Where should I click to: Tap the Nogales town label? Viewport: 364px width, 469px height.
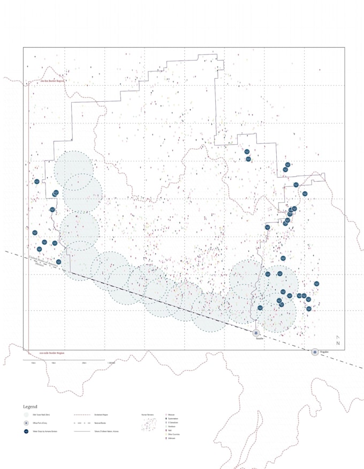pos(324,352)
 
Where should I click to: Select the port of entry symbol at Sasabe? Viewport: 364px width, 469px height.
pos(256,333)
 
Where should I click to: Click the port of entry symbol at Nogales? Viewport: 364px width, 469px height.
pos(315,352)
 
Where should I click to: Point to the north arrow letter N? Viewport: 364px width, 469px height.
pos(338,343)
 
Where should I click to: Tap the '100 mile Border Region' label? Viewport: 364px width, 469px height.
pos(52,353)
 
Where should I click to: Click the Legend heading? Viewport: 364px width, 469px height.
pos(29,407)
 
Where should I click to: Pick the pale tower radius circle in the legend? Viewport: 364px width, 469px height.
pos(26,415)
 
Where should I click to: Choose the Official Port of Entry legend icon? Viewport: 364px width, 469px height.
pos(26,423)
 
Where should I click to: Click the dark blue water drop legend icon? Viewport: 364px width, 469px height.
pos(26,431)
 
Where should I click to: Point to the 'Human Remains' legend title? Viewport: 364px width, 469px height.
pos(147,415)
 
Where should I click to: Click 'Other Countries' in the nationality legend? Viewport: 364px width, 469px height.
pos(175,434)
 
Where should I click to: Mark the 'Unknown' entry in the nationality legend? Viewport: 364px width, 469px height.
pos(172,438)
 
